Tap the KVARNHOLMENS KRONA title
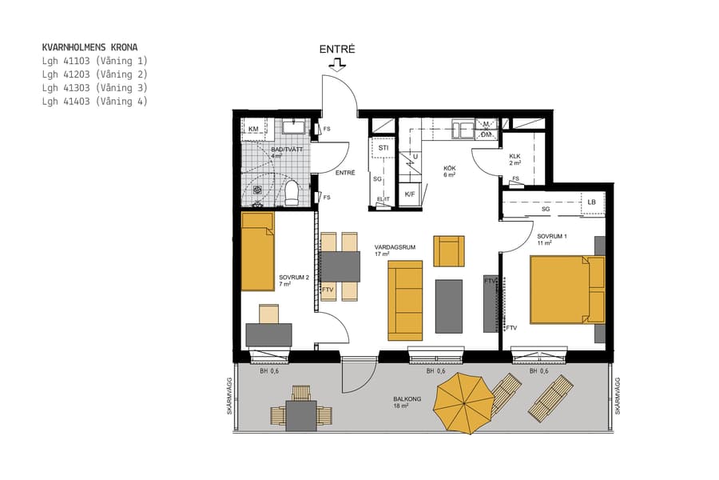tap(89, 47)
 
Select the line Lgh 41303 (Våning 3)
tap(94, 87)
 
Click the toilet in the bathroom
tap(292, 192)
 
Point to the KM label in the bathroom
tap(253, 130)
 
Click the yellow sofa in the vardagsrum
tap(405, 300)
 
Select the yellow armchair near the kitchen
tap(448, 250)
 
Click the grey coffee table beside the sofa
tap(449, 306)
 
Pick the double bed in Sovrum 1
tap(566, 290)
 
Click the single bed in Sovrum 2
tap(258, 251)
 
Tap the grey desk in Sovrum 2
tap(268, 334)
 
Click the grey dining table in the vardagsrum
tap(340, 266)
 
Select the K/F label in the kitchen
tap(410, 194)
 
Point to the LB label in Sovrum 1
tap(591, 202)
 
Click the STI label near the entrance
tap(383, 148)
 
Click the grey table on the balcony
tap(301, 415)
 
